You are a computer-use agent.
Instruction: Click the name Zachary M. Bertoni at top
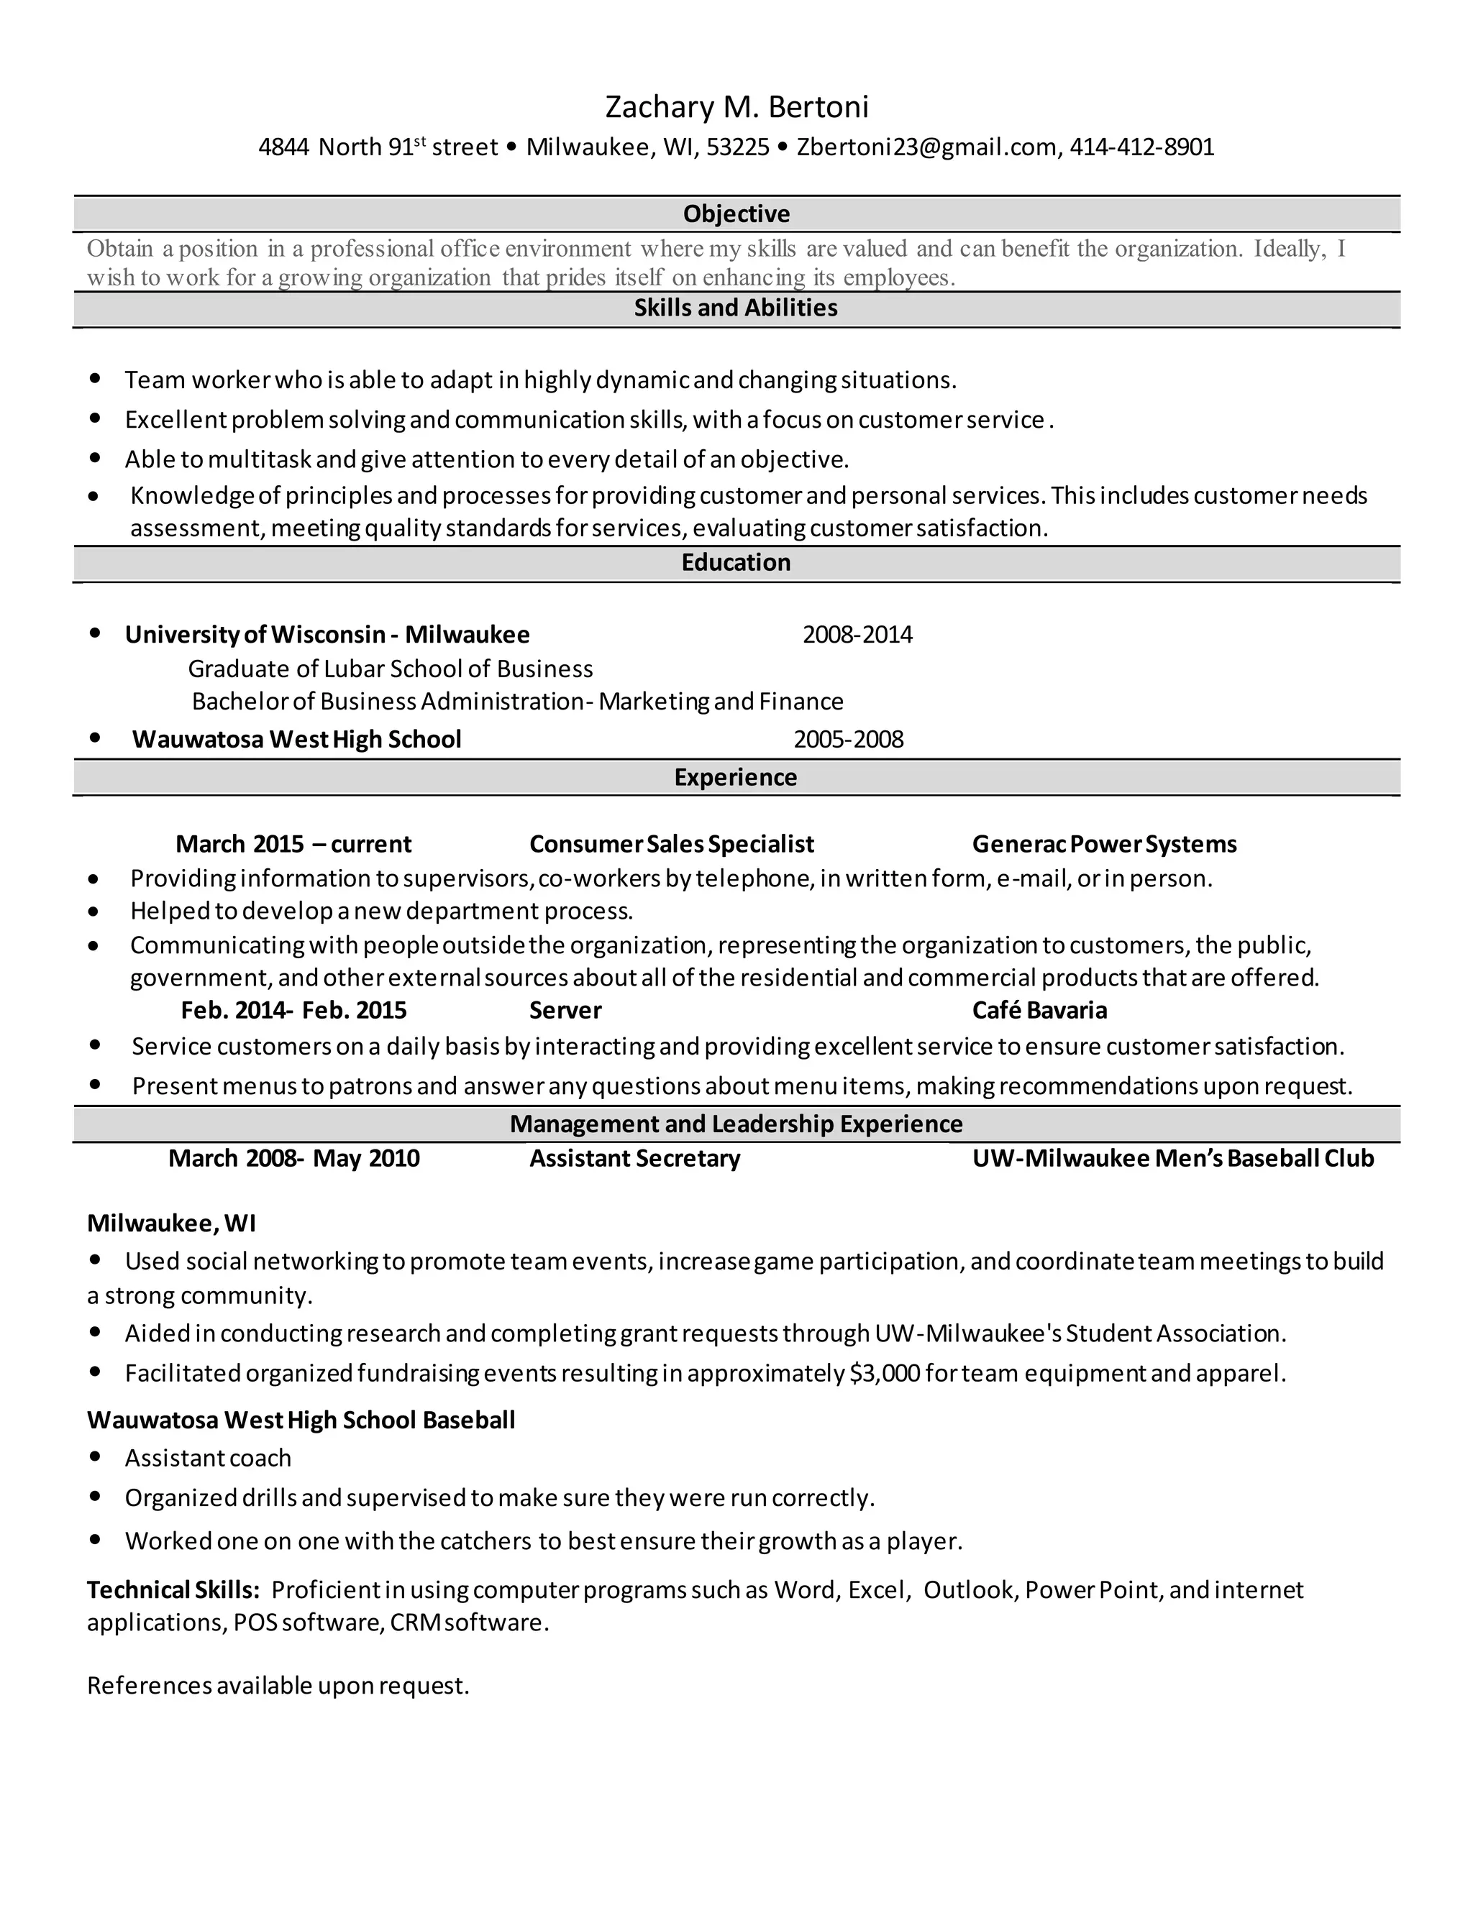coord(736,106)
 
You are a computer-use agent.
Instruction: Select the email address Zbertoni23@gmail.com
coord(926,147)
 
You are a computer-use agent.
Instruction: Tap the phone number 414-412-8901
coord(1141,147)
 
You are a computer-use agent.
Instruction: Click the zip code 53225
coord(737,147)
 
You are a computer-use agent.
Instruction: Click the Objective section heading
coord(736,214)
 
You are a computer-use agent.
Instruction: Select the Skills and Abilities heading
coord(736,308)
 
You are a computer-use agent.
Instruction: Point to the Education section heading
coord(736,563)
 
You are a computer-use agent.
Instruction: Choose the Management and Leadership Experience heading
coord(736,1124)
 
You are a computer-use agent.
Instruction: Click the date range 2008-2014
coord(857,634)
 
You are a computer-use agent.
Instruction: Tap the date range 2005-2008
coord(848,740)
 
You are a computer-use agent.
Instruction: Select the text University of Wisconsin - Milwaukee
coord(327,634)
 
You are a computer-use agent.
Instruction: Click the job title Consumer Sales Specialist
coord(671,845)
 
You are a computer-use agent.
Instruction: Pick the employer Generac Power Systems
coord(1104,845)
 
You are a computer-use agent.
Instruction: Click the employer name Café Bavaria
coord(1039,1010)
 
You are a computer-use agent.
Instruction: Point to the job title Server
coord(565,1010)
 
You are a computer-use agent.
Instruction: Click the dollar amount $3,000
coord(884,1374)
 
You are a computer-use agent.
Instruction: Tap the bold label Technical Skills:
coord(173,1590)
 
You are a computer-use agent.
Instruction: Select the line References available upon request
coord(278,1685)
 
